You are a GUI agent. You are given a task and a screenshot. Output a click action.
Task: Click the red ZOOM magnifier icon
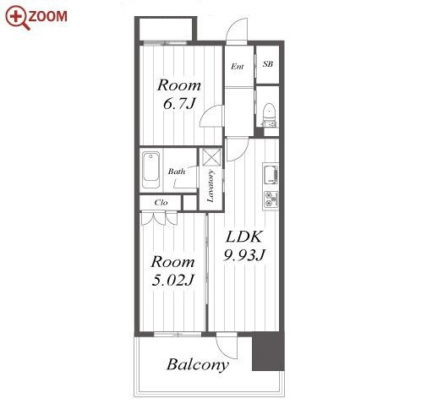point(17,17)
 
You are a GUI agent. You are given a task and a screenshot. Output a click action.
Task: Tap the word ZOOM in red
point(48,16)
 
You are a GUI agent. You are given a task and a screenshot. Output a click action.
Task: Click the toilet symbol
point(269,112)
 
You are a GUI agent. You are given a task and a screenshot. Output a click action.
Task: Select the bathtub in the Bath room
point(150,170)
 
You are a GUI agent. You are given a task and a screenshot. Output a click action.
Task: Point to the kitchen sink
point(271,175)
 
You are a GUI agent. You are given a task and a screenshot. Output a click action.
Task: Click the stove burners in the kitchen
point(271,199)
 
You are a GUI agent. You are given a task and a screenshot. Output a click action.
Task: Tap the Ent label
point(237,67)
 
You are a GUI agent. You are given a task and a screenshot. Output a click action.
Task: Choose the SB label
point(268,64)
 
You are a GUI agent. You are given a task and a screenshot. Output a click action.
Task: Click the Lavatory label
point(210,186)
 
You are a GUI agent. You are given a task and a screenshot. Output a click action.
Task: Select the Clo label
point(161,202)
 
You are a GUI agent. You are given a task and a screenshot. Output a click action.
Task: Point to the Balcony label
point(198,365)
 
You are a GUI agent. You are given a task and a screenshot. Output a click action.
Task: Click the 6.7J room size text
point(179,104)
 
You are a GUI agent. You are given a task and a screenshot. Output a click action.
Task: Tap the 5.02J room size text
point(172,280)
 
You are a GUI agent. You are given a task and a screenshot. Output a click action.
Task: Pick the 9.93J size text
point(244,255)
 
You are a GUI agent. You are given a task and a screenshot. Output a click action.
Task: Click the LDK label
point(244,237)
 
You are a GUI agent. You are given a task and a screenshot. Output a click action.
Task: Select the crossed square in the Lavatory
point(210,157)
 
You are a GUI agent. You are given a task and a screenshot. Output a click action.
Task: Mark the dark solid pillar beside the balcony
point(268,352)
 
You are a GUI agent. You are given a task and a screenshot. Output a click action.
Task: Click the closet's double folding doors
point(160,219)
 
